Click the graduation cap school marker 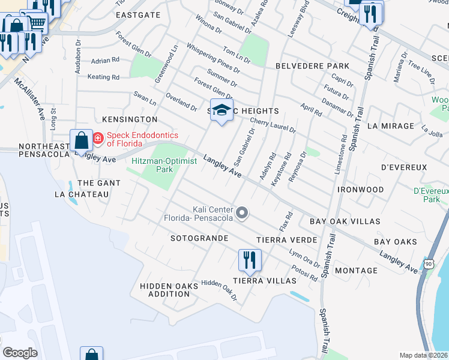tap(222, 110)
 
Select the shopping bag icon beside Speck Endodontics tap(81, 141)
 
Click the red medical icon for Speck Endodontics tap(98, 140)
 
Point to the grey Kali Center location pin tap(242, 212)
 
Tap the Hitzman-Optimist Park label tap(152, 165)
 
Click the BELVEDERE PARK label tap(312, 65)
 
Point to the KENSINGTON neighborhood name tap(125, 120)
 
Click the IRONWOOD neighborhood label tap(360, 190)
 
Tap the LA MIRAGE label tap(390, 126)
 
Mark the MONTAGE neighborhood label tap(356, 271)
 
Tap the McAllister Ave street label tap(30, 98)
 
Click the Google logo tap(20, 353)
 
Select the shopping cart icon tap(37, 22)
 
